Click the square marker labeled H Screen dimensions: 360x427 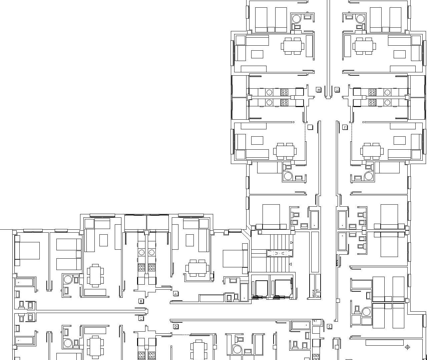(x=319, y=90)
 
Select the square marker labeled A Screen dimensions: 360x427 (x=175, y=294)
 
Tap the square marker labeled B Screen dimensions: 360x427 (x=141, y=301)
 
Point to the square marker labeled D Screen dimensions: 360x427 (x=176, y=326)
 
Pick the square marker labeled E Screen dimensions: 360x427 (x=330, y=326)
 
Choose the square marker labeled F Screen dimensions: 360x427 (x=345, y=127)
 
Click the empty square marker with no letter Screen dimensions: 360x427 (x=310, y=127)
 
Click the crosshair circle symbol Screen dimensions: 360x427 (x=407, y=347)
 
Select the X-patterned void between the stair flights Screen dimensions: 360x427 (x=280, y=253)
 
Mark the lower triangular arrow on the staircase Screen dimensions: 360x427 (x=290, y=264)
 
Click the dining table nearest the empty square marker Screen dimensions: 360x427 (x=285, y=151)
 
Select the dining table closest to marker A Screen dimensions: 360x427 (x=197, y=268)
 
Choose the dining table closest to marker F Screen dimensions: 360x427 (x=372, y=151)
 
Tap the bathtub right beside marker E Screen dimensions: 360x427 (x=301, y=325)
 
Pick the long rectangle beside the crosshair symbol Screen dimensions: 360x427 (x=384, y=343)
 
